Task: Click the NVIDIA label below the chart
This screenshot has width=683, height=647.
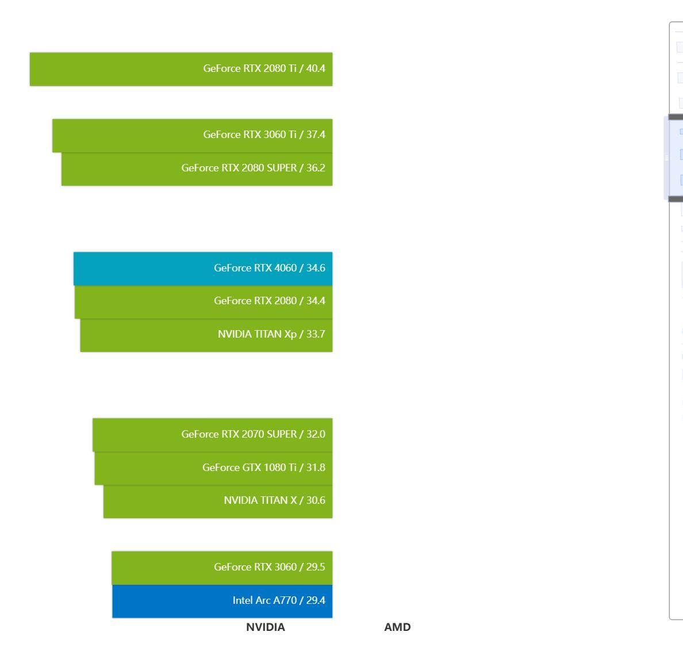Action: pyautogui.click(x=266, y=627)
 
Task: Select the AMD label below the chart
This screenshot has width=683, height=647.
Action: pyautogui.click(x=397, y=627)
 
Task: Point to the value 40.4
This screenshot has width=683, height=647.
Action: pyautogui.click(x=316, y=68)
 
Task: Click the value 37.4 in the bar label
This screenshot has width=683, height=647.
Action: pyautogui.click(x=316, y=135)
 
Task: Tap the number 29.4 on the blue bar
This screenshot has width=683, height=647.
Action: pyautogui.click(x=316, y=600)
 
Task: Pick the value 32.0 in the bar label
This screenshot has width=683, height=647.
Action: pyautogui.click(x=316, y=434)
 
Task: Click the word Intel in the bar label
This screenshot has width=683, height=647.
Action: pyautogui.click(x=242, y=600)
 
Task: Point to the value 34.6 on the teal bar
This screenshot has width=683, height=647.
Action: pyautogui.click(x=316, y=268)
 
